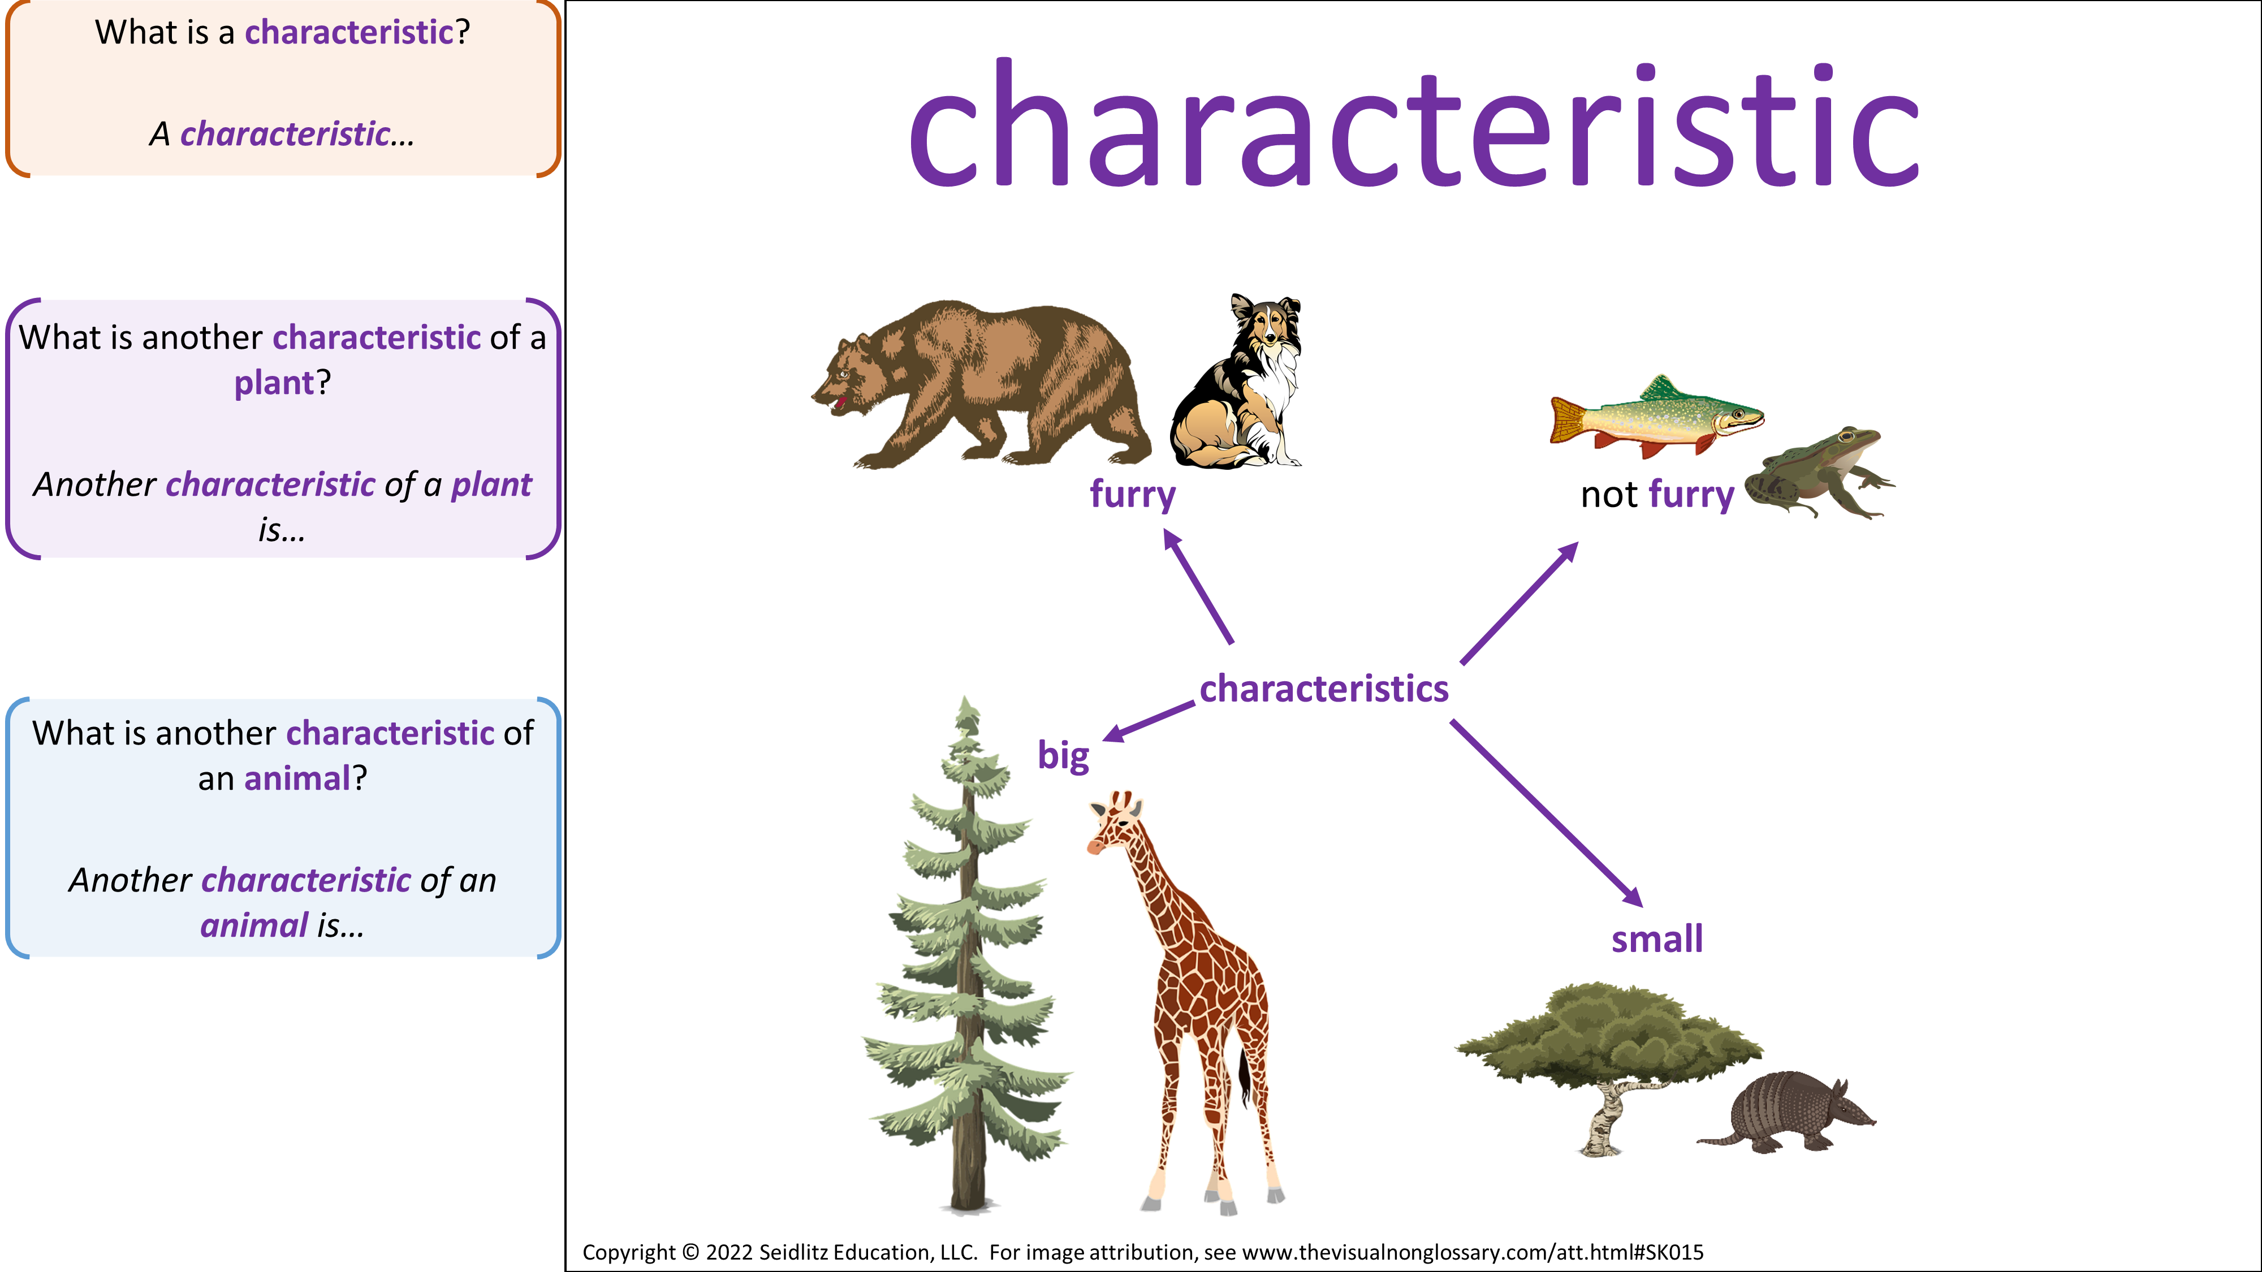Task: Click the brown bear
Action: (979, 384)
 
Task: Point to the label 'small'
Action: (1657, 938)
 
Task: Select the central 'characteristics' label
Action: (1324, 689)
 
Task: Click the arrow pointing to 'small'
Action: (1546, 814)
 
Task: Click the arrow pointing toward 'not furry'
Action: (1519, 603)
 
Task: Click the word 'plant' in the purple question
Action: (274, 383)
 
